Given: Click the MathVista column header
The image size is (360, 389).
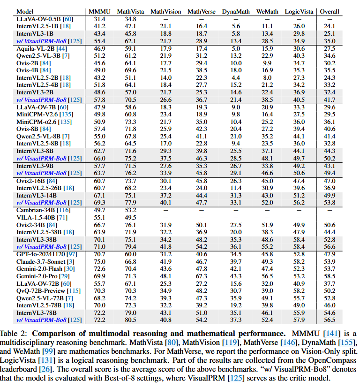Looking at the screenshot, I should [130, 11].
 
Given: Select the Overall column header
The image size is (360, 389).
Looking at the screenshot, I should [330, 11].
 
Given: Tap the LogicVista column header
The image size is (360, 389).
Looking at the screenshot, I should [299, 11].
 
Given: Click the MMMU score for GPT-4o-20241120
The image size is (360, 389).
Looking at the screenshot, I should [99, 254].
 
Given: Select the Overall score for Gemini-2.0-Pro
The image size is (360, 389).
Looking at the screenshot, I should [330, 276].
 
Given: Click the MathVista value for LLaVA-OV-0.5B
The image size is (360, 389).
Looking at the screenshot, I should [130, 18].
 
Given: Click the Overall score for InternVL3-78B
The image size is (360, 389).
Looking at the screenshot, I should [330, 313].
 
